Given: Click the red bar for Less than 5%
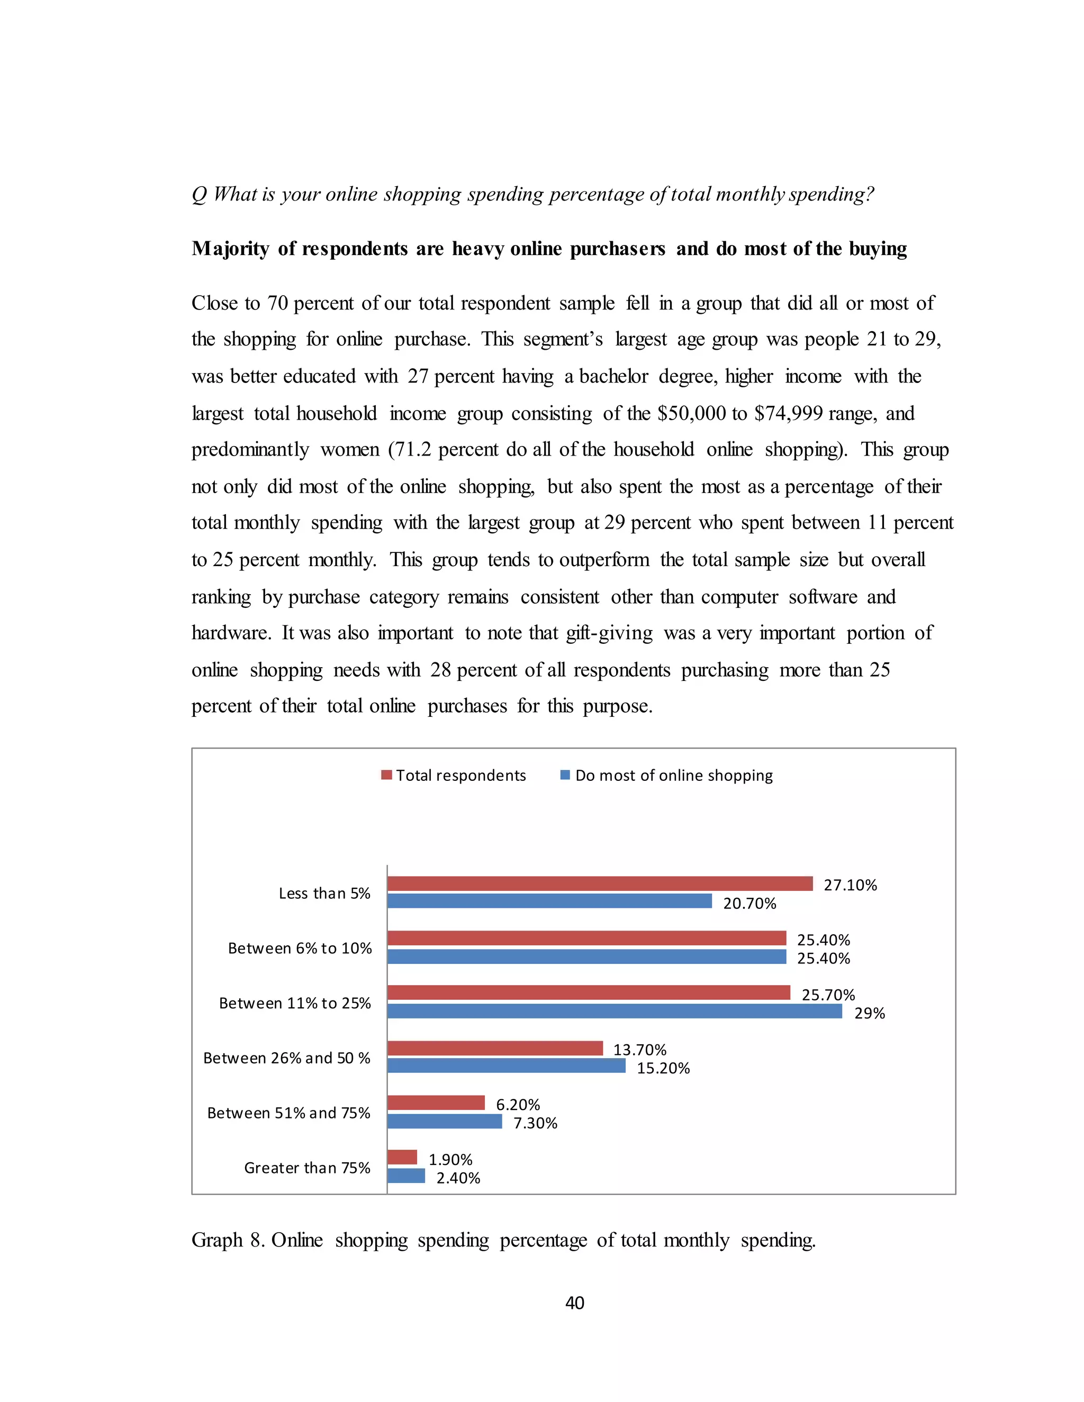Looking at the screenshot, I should pos(600,884).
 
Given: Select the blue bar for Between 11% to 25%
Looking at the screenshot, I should pos(614,1011).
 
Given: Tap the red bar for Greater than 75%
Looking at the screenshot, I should pos(402,1157).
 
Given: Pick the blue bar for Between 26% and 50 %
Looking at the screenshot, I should pos(506,1066).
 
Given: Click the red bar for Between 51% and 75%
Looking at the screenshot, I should pos(436,1102).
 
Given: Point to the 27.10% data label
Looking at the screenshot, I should pos(850,885).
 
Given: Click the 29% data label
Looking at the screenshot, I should pos(869,1013).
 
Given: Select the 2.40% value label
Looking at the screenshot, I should pos(458,1178).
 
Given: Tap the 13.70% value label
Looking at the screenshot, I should pos(639,1050).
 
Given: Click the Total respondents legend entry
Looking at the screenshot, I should pos(454,775).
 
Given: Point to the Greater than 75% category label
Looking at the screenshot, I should pos(307,1168).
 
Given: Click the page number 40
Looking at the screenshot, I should pos(574,1303).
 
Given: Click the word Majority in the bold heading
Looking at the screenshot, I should pos(230,249).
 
